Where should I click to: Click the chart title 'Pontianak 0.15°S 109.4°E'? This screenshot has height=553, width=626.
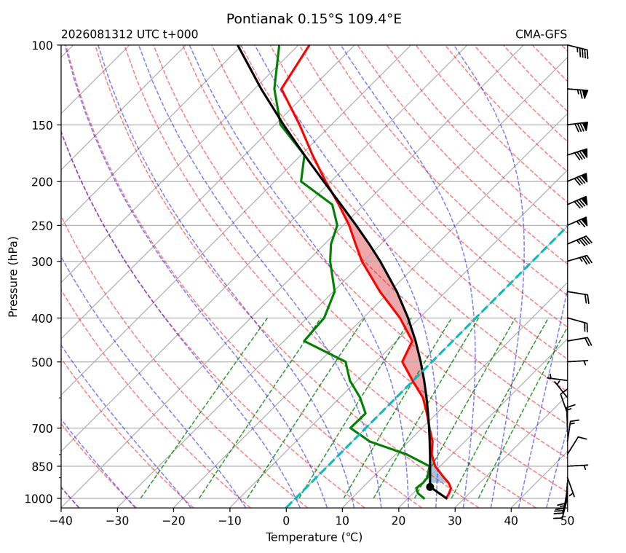tap(314, 19)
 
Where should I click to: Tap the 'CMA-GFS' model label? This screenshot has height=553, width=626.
tap(541, 34)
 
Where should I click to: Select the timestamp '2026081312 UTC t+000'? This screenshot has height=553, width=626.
tap(130, 34)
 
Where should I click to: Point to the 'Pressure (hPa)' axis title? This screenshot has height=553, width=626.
tap(13, 277)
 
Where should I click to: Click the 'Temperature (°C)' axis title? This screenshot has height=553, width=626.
tap(314, 537)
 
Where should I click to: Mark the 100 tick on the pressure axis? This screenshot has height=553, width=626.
tap(42, 46)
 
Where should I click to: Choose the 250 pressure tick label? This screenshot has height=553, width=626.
tap(42, 226)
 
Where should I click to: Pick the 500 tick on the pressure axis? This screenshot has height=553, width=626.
tap(42, 362)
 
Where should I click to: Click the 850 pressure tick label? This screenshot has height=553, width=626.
tap(42, 467)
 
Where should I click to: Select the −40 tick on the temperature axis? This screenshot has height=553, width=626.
tap(61, 521)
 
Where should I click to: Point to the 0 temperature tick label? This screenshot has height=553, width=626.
tap(286, 521)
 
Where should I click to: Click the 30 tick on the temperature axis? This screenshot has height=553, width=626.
tap(455, 521)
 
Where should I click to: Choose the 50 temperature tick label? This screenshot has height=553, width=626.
tap(567, 521)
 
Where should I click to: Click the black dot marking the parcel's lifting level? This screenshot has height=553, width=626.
tap(430, 487)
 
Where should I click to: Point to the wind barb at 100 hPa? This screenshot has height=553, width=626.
tap(578, 51)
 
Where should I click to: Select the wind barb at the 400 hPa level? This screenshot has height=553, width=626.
tap(578, 323)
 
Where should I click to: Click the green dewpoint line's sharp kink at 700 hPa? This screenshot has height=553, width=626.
tap(351, 428)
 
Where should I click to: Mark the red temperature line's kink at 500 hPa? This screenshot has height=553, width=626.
tap(403, 362)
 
